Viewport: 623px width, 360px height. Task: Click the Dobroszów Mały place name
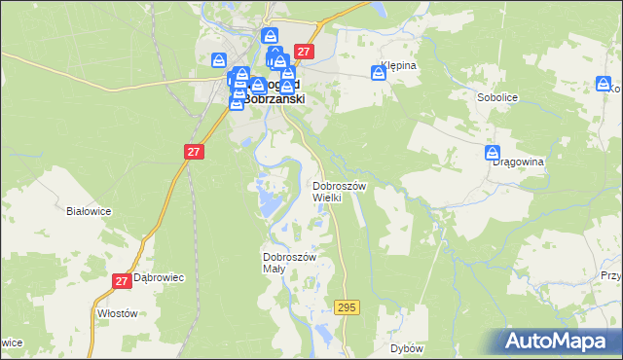290,263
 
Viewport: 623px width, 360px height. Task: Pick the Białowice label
88,210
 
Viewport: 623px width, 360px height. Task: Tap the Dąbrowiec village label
159,277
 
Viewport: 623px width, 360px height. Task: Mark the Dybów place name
406,347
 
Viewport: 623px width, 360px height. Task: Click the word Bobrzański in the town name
274,98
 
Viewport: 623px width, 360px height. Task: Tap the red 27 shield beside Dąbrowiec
122,281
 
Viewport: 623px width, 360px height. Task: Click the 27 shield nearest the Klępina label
304,52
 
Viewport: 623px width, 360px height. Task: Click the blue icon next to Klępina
379,72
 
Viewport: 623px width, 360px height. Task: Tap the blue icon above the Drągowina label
493,154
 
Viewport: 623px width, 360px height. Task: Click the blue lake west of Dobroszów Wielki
268,201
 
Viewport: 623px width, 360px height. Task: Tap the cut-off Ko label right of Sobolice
615,89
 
